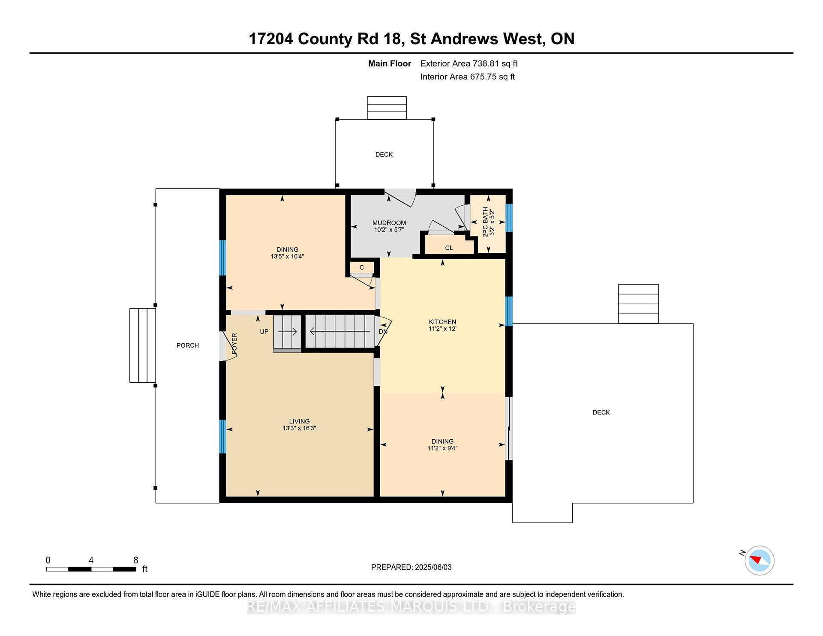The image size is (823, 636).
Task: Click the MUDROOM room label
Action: click(x=389, y=223)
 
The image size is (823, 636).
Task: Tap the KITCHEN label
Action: click(x=442, y=322)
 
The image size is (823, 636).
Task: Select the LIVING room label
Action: click(x=299, y=421)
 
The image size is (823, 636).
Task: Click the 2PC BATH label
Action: click(x=485, y=222)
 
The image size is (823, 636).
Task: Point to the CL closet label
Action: click(x=449, y=248)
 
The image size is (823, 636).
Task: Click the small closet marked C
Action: click(x=362, y=267)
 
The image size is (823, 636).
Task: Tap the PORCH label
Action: click(x=188, y=345)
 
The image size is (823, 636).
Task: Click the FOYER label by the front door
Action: click(x=234, y=344)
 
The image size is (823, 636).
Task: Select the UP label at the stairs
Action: click(x=264, y=332)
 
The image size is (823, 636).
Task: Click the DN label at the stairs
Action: click(x=383, y=332)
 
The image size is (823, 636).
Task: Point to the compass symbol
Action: click(x=759, y=561)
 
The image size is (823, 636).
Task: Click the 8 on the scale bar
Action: click(x=135, y=560)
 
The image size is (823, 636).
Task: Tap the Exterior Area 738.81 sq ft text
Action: click(x=469, y=63)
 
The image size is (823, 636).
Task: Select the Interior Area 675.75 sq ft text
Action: click(x=467, y=77)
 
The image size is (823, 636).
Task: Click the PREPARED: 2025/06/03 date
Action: click(x=411, y=567)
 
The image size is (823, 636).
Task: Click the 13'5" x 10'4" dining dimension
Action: click(x=287, y=257)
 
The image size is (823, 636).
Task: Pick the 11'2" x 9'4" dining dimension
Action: click(x=442, y=448)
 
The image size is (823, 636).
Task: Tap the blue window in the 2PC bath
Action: click(x=509, y=218)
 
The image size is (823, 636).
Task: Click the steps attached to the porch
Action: click(x=142, y=345)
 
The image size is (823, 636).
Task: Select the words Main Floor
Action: click(x=389, y=63)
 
